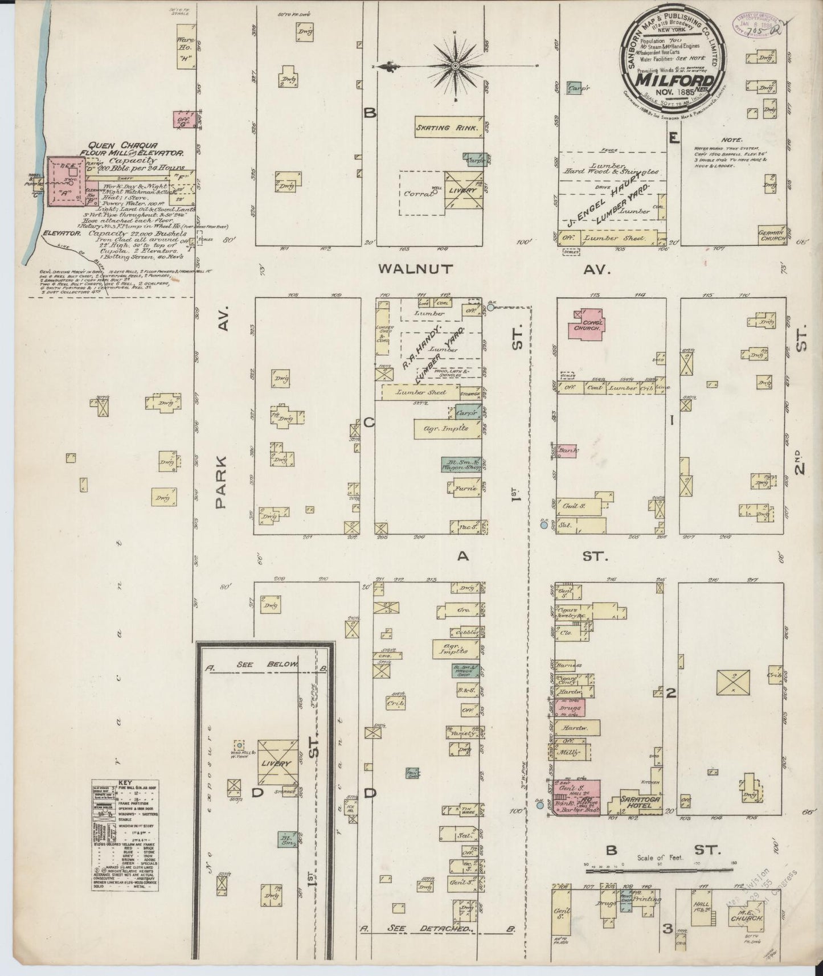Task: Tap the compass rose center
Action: [455, 67]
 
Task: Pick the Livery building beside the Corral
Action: [464, 191]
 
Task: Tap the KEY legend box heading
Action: [125, 783]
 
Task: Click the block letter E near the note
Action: [674, 138]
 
